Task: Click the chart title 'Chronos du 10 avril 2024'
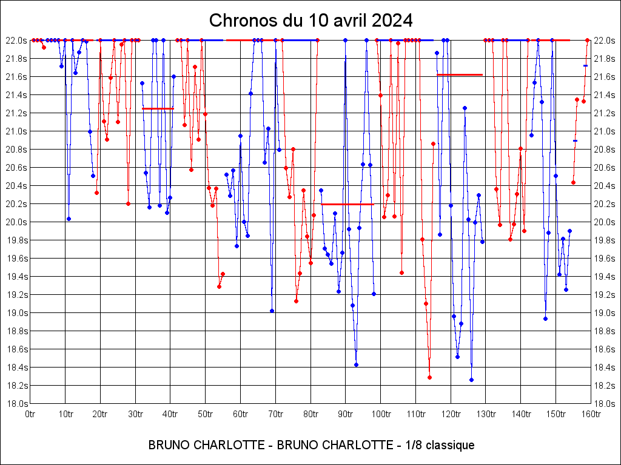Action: coord(310,20)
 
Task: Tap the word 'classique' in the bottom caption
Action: coord(449,446)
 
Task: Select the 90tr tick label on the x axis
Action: coord(346,414)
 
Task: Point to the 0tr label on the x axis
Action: coord(31,414)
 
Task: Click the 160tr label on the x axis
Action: coord(591,414)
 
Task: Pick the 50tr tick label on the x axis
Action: coord(206,414)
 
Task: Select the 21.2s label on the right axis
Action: coord(605,113)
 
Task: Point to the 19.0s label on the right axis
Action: coord(605,313)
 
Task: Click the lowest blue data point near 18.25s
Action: coord(471,380)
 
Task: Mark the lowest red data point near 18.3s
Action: coord(429,377)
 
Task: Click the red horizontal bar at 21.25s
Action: coord(158,108)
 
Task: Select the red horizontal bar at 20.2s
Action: coord(347,205)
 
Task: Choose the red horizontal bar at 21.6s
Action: coord(460,74)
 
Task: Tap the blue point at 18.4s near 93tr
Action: coord(356,364)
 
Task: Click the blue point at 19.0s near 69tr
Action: coord(272,311)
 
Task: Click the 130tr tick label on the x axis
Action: coord(486,414)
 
